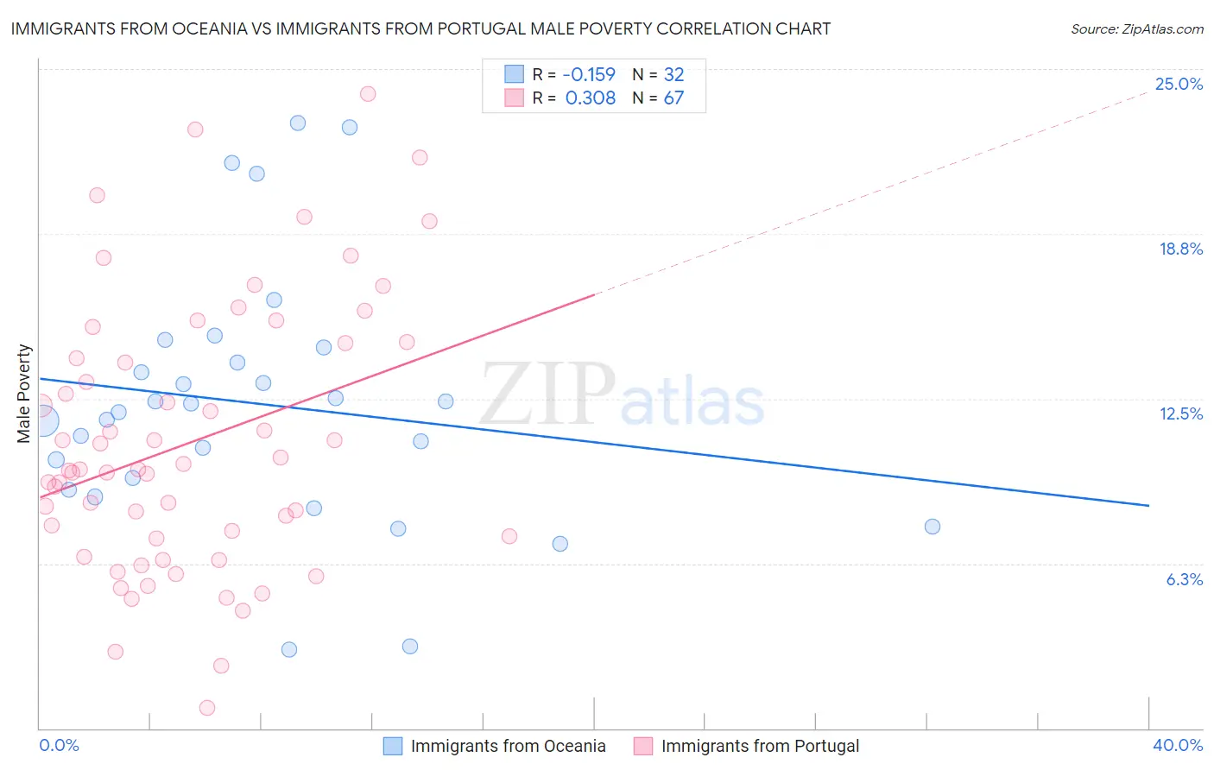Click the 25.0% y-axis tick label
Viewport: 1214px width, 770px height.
[x=1179, y=84]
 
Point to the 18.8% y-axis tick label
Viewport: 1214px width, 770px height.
[x=1180, y=249]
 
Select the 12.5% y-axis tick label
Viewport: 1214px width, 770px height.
[x=1180, y=413]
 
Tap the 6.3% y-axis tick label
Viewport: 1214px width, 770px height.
[x=1184, y=579]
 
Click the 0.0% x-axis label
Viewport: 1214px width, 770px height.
[x=59, y=745]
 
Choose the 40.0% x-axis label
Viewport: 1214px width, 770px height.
[x=1177, y=745]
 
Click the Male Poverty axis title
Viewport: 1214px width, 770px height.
[x=24, y=394]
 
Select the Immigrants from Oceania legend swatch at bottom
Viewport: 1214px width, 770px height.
[x=393, y=746]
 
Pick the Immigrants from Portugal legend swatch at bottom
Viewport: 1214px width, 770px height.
[x=643, y=746]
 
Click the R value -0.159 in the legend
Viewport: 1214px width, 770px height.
[x=590, y=74]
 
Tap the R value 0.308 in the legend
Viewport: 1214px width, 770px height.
[x=590, y=98]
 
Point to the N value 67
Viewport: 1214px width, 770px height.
[x=673, y=98]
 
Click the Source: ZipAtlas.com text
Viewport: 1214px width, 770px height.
[x=1136, y=28]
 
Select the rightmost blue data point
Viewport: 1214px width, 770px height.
[x=932, y=527]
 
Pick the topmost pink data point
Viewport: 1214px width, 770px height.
[x=368, y=93]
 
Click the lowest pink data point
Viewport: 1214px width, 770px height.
[x=207, y=708]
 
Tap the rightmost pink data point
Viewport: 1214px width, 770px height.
[x=509, y=536]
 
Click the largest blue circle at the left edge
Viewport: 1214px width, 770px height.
[x=43, y=421]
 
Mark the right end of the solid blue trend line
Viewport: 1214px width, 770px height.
[x=1148, y=505]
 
